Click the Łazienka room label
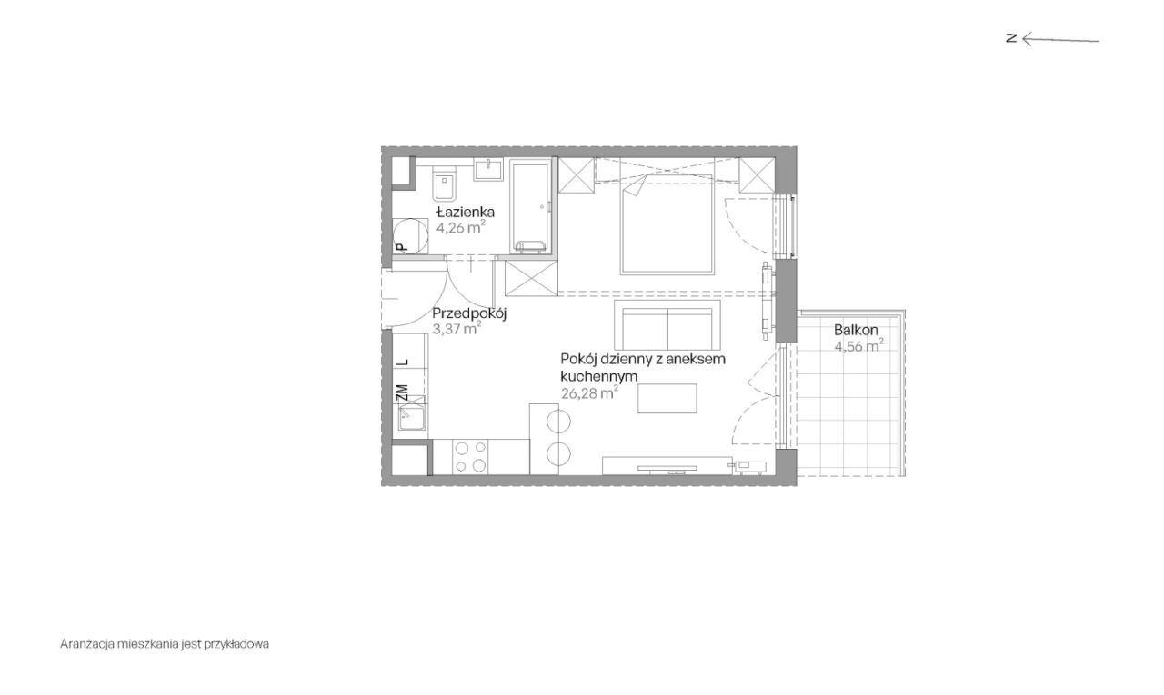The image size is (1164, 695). pyautogui.click(x=465, y=213)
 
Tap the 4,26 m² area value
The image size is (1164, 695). pyautogui.click(x=460, y=228)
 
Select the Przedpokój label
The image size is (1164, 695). pyautogui.click(x=468, y=313)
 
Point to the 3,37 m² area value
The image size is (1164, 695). pyautogui.click(x=457, y=329)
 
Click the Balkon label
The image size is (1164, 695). pyautogui.click(x=856, y=330)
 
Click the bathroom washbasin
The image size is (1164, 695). pyautogui.click(x=489, y=168)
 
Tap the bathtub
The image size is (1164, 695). pyautogui.click(x=529, y=206)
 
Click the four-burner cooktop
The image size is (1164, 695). pyautogui.click(x=469, y=457)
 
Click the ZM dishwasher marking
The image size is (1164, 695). pyautogui.click(x=401, y=392)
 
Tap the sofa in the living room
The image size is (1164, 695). pyautogui.click(x=667, y=327)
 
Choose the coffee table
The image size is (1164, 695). pyautogui.click(x=667, y=398)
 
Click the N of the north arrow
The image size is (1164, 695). pyautogui.click(x=1010, y=38)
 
